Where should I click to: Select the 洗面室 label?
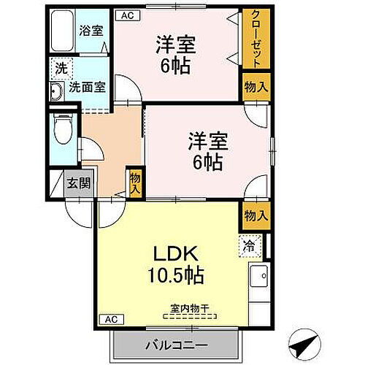pos(87,87)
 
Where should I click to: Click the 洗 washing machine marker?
pos(58,71)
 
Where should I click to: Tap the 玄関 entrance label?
pos(80,183)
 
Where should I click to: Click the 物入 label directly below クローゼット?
pos(255,87)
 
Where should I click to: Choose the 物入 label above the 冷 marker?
pos(255,215)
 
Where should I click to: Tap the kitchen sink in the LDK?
pos(258,278)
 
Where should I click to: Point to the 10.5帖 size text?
pos(177,277)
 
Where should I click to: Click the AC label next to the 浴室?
pos(126,14)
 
